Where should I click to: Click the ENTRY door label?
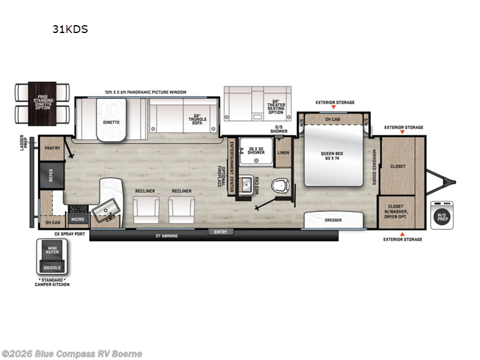point(220,231)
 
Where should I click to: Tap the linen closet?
point(284,153)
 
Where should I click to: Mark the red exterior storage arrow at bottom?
point(402,233)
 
